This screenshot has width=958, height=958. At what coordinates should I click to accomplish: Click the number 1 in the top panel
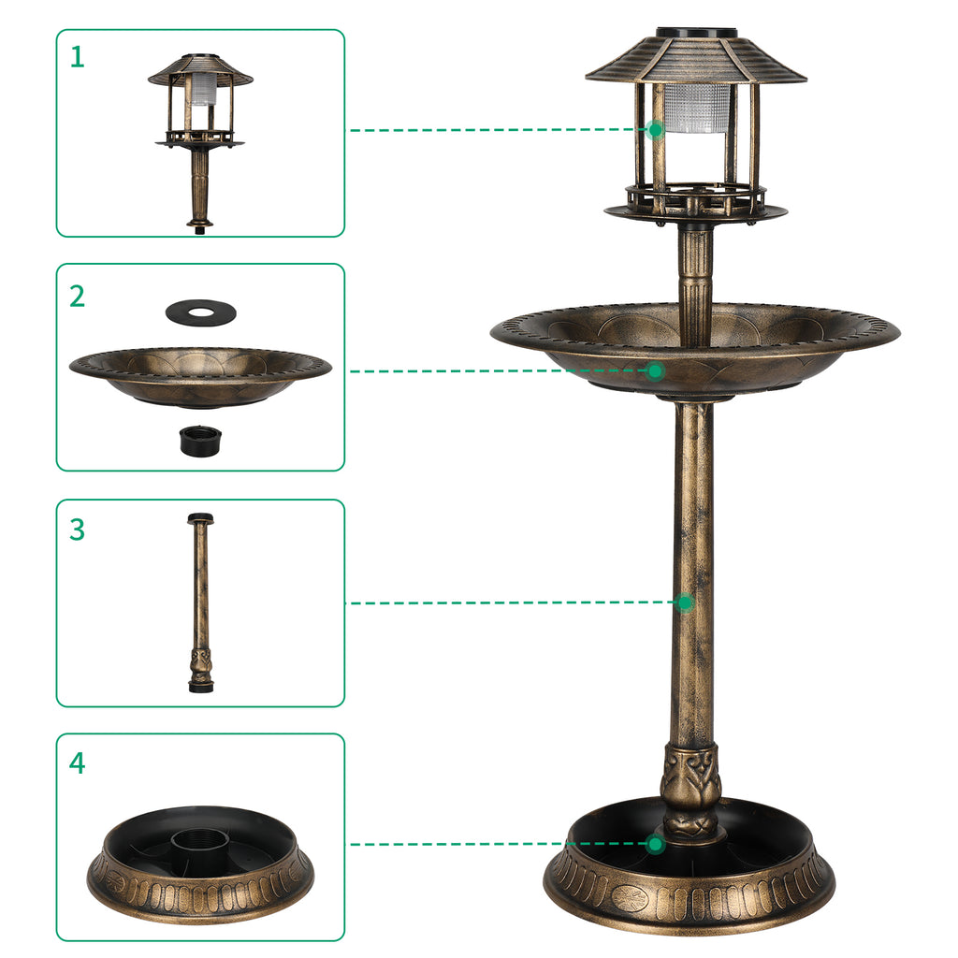coord(77,57)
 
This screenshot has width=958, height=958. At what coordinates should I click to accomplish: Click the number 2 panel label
coord(77,296)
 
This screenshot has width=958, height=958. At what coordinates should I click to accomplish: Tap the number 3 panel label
coord(77,530)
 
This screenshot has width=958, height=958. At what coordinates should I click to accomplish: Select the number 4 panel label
coord(77,762)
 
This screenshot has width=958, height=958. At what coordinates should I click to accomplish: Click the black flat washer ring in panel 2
coord(200,311)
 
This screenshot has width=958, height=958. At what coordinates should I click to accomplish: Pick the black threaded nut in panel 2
coord(200,440)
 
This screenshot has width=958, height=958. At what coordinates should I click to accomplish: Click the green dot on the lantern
coord(656,129)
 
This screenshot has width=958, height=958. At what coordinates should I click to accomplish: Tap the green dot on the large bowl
coord(656,371)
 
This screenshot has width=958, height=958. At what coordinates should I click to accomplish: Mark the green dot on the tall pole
coord(685,602)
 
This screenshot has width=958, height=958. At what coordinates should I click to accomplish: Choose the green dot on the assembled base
coord(656,844)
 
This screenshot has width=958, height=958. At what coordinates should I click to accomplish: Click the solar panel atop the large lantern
coord(696,33)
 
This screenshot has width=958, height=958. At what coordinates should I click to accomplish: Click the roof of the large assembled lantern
coord(696,61)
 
